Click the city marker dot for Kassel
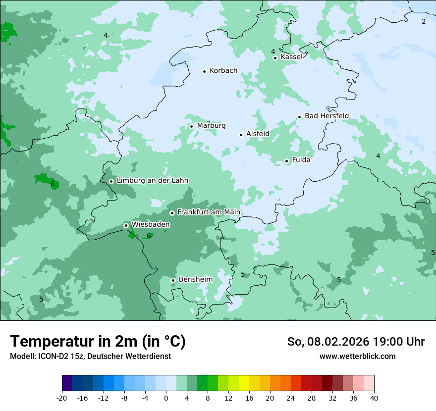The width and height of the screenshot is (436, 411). (275, 58)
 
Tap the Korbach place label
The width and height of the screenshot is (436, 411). (223, 71)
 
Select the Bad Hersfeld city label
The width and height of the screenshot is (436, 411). (327, 116)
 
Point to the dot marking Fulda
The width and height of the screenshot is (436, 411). (286, 161)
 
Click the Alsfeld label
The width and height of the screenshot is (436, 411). (258, 134)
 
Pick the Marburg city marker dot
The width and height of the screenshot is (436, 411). (191, 126)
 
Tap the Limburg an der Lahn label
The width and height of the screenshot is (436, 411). (152, 181)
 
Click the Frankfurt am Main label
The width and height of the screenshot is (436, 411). (209, 212)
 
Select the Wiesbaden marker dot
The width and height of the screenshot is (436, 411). (126, 225)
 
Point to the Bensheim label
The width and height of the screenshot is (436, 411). (195, 280)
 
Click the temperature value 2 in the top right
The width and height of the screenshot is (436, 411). (424, 21)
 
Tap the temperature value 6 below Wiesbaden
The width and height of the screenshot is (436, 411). (149, 236)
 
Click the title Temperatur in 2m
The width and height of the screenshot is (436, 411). (98, 342)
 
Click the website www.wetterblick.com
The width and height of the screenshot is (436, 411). (357, 357)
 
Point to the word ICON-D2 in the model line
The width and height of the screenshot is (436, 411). (51, 357)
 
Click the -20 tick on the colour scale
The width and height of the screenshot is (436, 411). (62, 398)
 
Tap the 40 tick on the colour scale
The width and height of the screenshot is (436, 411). (374, 398)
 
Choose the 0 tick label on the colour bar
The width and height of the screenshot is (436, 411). (166, 398)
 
